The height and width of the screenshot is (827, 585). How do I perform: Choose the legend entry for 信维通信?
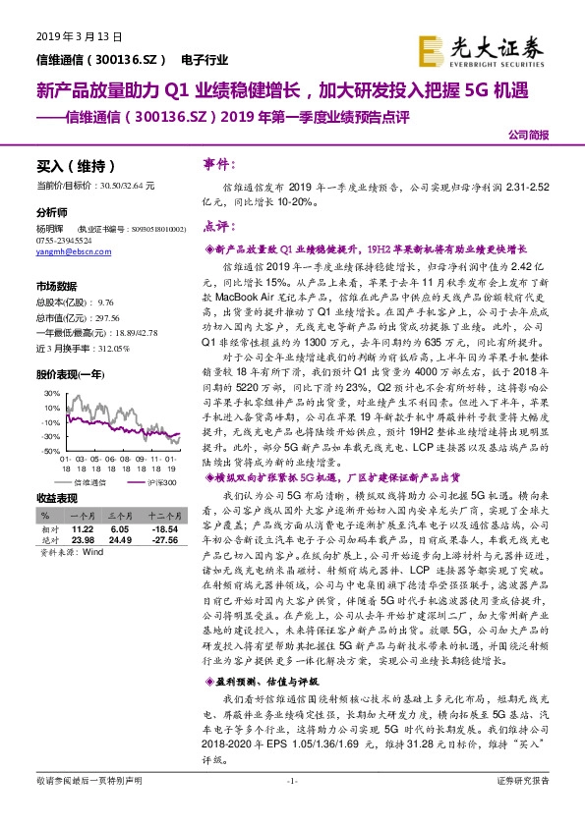coord(92,482)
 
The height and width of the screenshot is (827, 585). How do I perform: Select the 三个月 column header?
coord(120,515)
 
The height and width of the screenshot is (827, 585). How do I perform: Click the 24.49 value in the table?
coord(120,537)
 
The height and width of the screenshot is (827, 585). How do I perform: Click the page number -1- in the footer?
coord(291,807)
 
